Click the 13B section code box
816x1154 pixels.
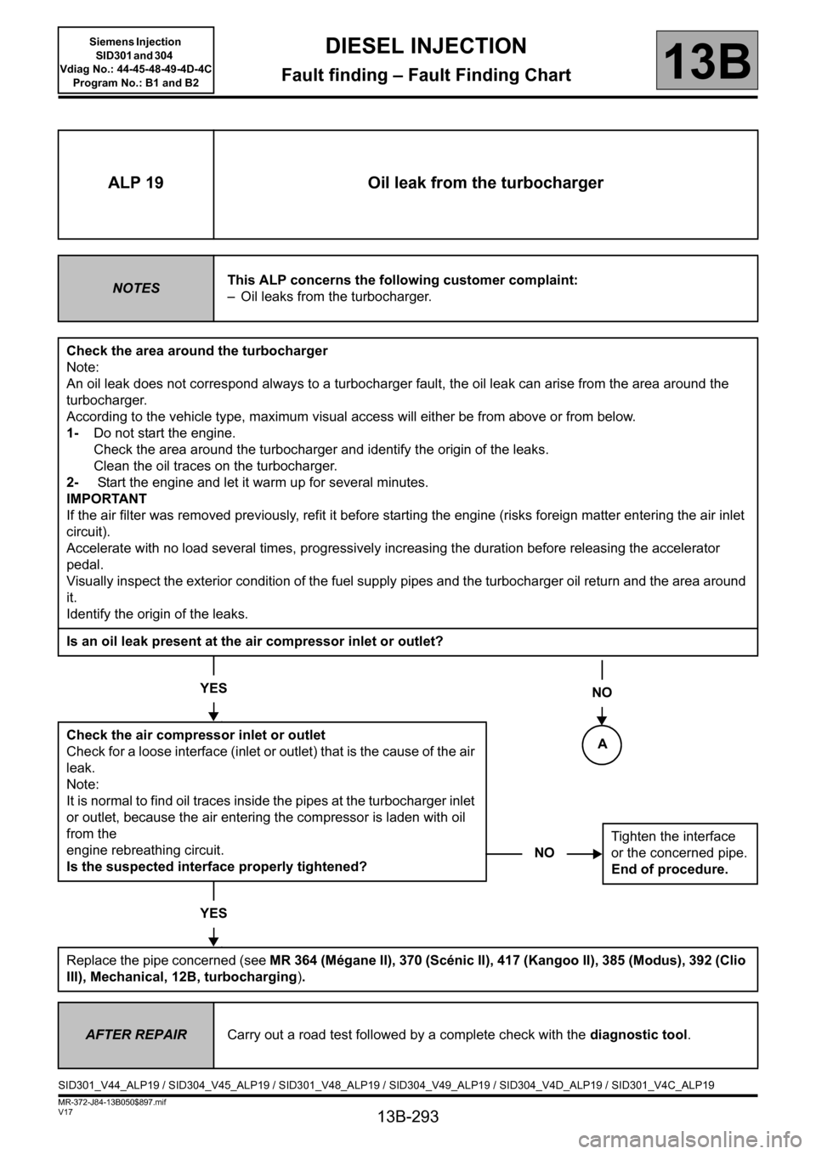click(706, 60)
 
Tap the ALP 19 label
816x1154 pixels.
click(136, 184)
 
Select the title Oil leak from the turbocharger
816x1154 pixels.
click(485, 184)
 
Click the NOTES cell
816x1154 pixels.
click(136, 288)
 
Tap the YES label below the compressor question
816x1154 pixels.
click(213, 687)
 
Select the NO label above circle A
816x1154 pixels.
click(602, 693)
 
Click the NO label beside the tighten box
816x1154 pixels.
click(544, 852)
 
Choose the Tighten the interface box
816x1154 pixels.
click(679, 852)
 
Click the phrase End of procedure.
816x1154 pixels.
click(670, 869)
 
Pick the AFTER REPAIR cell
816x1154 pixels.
click(136, 1035)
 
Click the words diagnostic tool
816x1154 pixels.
click(637, 1035)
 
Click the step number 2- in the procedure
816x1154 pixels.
click(73, 483)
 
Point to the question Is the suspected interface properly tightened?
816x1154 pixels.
click(217, 867)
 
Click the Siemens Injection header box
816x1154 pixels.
click(136, 59)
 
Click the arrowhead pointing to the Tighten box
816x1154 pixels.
click(596, 852)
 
